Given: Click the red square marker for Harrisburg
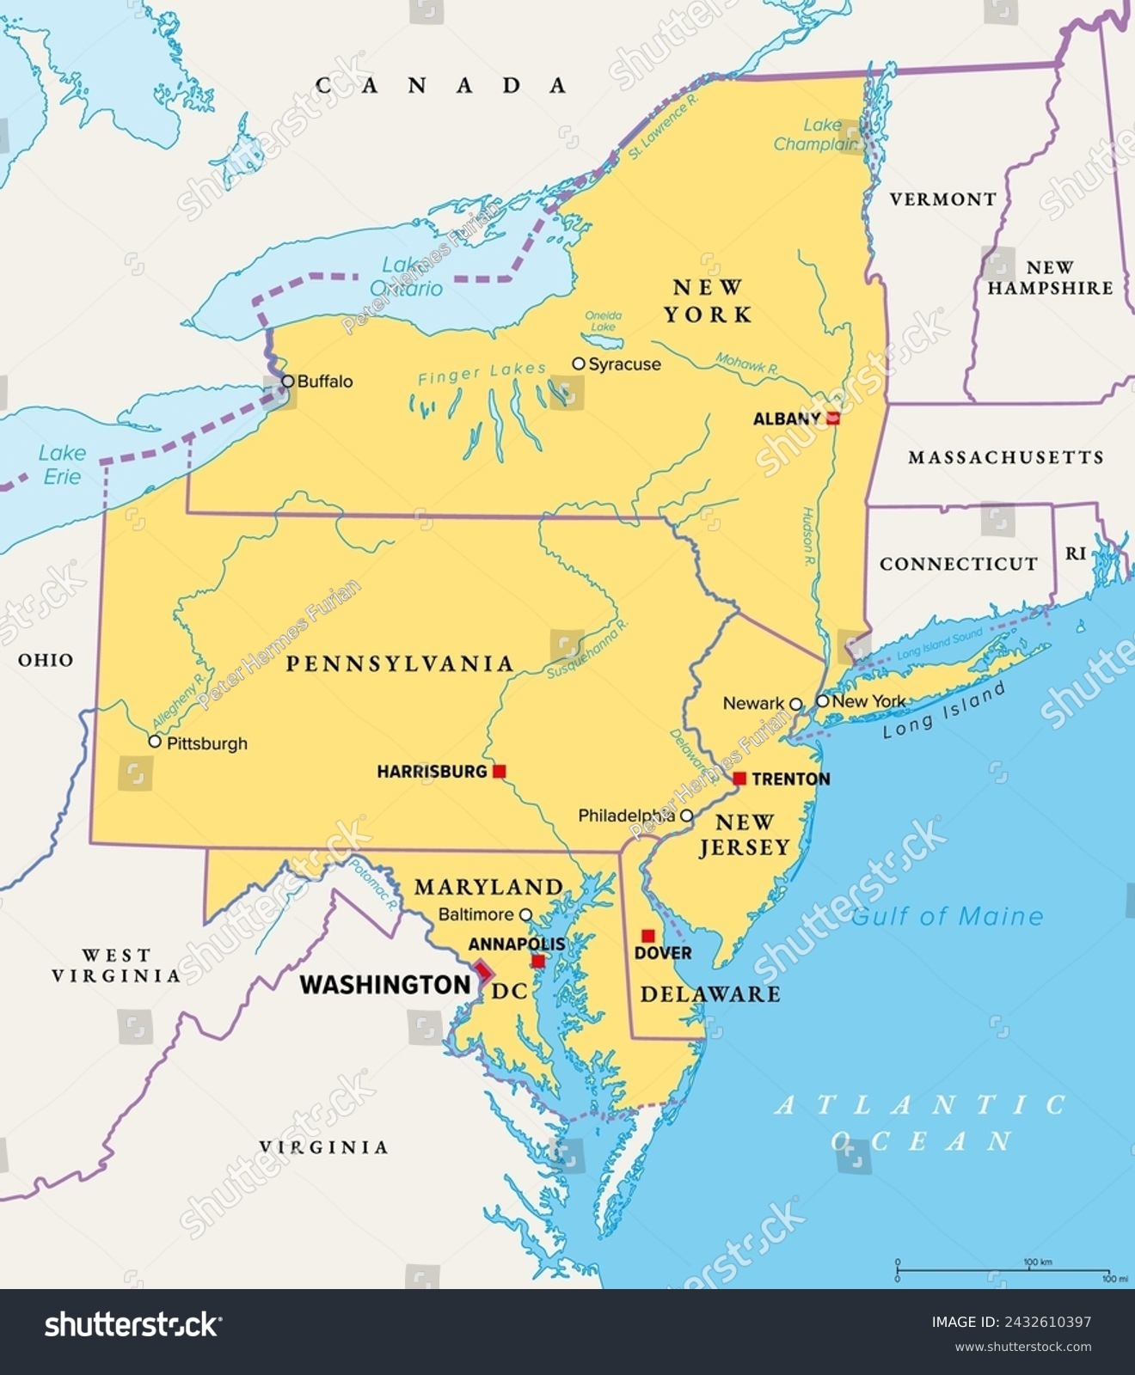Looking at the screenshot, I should click(x=499, y=772).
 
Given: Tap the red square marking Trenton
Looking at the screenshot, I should click(x=739, y=779).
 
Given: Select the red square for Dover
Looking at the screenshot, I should click(x=648, y=936).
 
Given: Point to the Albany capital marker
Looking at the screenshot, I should click(x=832, y=419).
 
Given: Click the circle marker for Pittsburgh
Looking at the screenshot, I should click(x=155, y=741).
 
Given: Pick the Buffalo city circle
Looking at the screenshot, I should click(x=288, y=381).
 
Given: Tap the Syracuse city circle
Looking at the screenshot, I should click(x=579, y=364).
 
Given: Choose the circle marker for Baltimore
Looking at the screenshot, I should click(x=525, y=915).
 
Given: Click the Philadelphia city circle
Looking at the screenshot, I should click(x=686, y=816).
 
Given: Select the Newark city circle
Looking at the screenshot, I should click(x=795, y=704).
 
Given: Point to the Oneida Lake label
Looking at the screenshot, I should click(x=604, y=321).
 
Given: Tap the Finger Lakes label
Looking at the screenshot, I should click(x=482, y=373).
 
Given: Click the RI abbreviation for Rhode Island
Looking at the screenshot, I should click(x=1076, y=554).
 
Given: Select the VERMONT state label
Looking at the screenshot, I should click(x=942, y=199).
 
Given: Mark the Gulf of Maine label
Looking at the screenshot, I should click(x=947, y=917).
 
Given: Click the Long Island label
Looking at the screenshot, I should click(x=944, y=712).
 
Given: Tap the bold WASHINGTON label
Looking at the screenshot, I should click(x=384, y=985).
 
